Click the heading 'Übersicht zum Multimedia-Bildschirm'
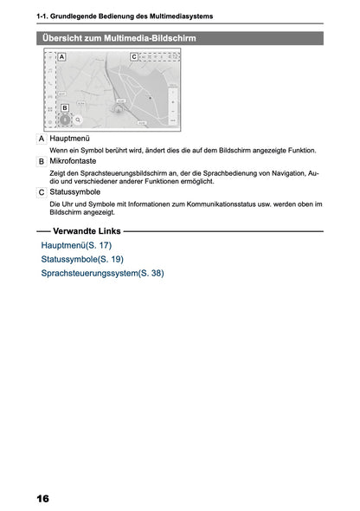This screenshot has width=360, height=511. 118,38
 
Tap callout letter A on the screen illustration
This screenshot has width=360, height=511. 62,56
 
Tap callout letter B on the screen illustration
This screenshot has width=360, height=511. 64,108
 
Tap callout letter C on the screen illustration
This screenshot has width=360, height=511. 133,56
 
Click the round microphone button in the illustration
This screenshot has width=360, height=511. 64,121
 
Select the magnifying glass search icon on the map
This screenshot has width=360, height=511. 78,121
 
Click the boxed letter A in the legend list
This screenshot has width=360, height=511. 42,139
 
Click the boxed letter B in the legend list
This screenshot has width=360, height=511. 42,162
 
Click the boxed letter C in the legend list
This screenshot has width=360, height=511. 42,191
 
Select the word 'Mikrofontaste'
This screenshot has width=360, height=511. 74,161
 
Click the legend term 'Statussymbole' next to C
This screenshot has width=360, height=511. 75,191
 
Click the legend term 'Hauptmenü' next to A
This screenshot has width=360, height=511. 70,139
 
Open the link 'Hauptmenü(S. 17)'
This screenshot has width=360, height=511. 76,247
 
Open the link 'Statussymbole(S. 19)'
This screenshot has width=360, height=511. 82,260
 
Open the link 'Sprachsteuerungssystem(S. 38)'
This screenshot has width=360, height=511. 102,274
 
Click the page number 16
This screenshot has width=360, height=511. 43,499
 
